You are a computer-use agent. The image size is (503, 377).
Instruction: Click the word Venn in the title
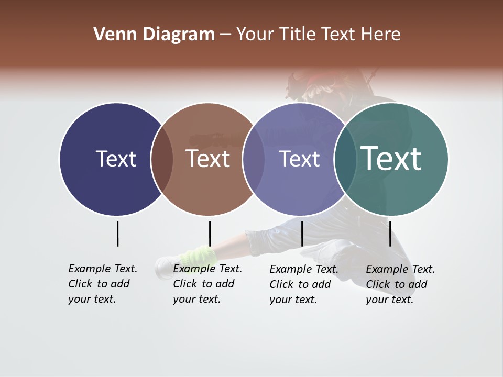pos(111,35)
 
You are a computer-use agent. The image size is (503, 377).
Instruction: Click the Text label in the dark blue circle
pos(116,159)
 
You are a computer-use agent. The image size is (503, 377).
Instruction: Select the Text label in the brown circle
pos(208,159)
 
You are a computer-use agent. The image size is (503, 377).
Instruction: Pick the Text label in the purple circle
pos(300,159)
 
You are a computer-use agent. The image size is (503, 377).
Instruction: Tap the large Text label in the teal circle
pos(391,158)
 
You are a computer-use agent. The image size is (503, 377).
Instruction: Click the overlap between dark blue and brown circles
pos(162,159)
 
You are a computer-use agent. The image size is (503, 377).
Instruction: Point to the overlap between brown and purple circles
pos(254,159)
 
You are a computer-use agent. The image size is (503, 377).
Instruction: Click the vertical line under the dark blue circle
pos(117,234)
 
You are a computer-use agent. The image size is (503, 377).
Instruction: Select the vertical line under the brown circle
pos(210,234)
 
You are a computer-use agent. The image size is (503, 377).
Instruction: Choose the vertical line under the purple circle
pos(302,234)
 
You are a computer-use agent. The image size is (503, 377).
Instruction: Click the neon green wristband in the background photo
pos(198,256)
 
